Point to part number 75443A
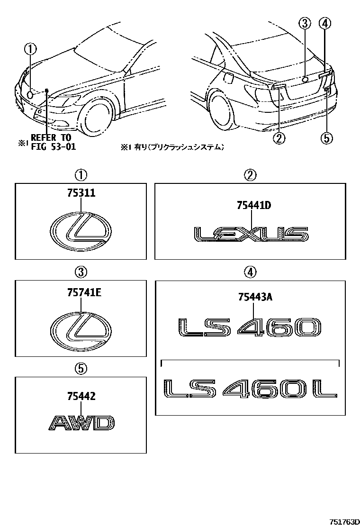254,297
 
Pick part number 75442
81,397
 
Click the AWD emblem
81,422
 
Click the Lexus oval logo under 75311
81,232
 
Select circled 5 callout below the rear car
326,138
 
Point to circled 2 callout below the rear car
279,138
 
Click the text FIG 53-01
53,146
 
